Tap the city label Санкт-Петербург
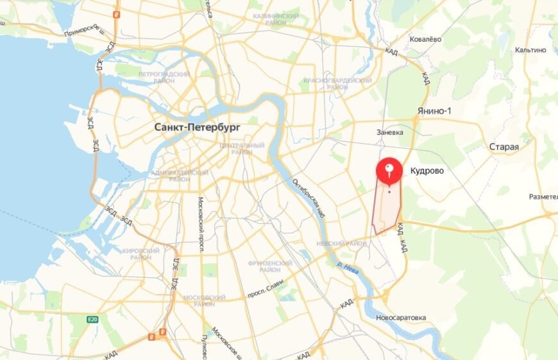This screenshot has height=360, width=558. tap(198, 128)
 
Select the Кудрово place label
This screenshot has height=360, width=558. tap(427, 171)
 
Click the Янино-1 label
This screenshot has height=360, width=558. tap(434, 111)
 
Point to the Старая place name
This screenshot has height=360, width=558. tap(503, 147)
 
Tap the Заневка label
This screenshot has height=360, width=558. tap(390, 132)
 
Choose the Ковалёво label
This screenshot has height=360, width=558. tap(426, 39)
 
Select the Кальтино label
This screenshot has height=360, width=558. tap(529, 49)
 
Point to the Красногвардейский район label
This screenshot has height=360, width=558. tap(337, 83)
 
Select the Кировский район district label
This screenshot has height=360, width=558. tap(136, 253)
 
